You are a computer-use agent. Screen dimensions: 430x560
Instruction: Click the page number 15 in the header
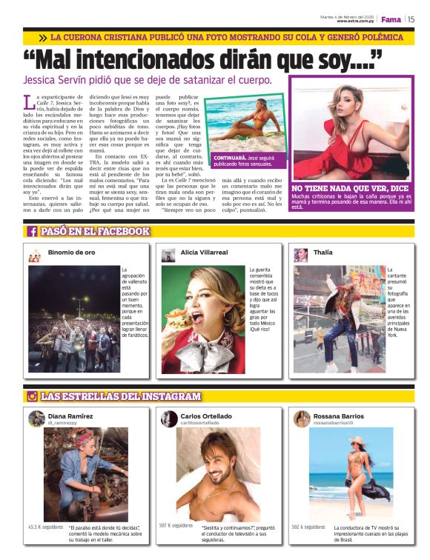(x=410, y=19)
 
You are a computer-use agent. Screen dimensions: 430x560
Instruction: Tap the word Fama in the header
(x=391, y=19)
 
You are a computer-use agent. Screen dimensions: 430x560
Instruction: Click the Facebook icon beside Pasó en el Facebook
(x=33, y=232)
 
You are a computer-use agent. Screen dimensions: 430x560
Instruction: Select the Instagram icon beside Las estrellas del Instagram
(x=33, y=397)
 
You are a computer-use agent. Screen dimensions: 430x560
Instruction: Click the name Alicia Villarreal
(x=205, y=253)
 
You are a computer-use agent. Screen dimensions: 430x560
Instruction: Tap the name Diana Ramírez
(x=70, y=416)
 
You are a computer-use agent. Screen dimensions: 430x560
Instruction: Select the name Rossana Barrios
(x=339, y=416)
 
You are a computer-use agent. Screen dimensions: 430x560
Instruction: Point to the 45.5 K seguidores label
(x=45, y=527)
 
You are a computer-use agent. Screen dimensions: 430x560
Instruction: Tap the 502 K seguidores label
(x=308, y=527)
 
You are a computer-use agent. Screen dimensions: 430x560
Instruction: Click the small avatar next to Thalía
(x=301, y=255)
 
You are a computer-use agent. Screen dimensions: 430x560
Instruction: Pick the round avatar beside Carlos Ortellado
(x=169, y=419)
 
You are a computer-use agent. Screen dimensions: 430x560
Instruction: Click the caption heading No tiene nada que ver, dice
(x=349, y=189)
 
